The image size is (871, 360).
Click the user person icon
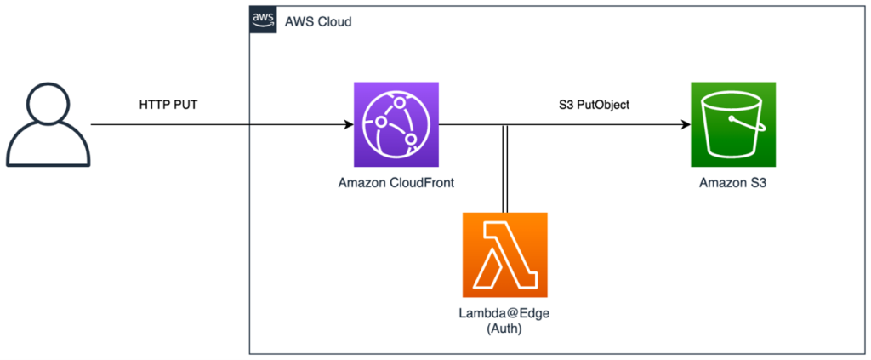(x=48, y=123)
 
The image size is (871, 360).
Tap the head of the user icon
(x=48, y=106)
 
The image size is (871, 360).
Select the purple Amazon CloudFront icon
(x=396, y=124)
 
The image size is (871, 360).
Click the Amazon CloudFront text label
(x=396, y=182)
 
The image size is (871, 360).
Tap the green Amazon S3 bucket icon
(x=733, y=124)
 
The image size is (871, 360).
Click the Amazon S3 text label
(x=733, y=182)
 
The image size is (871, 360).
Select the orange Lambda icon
(x=504, y=254)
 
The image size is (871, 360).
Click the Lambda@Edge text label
(x=504, y=313)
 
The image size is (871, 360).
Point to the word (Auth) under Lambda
(x=504, y=329)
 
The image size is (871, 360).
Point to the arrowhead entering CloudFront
(x=348, y=125)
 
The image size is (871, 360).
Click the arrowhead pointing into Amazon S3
(x=686, y=125)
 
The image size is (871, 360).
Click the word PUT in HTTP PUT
(x=189, y=106)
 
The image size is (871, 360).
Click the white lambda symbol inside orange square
(x=504, y=254)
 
